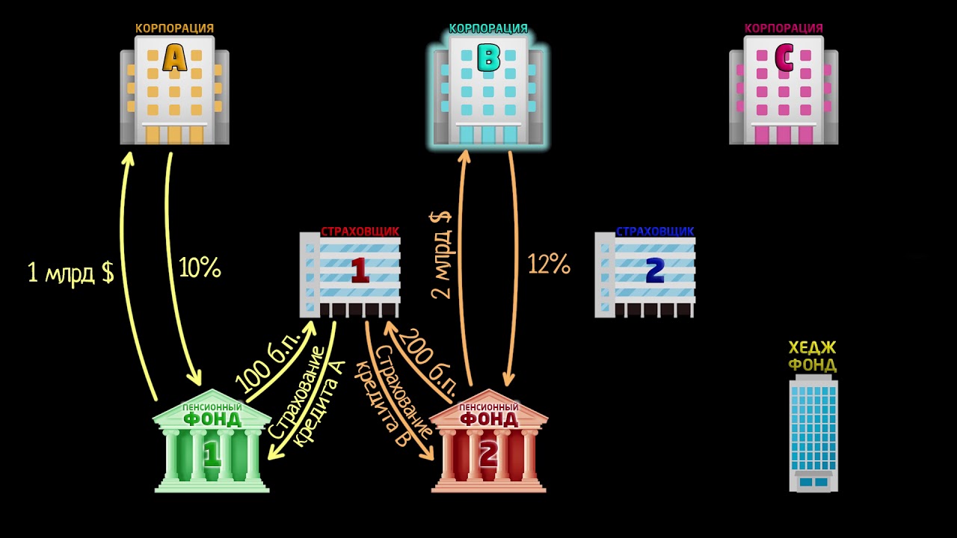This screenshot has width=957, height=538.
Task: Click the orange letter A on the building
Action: click(x=174, y=59)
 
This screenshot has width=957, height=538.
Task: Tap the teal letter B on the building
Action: click(x=488, y=58)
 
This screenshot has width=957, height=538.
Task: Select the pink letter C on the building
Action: click(x=784, y=59)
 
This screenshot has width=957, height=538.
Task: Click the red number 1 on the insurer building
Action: click(x=360, y=270)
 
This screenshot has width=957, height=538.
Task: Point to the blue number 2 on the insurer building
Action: click(x=655, y=270)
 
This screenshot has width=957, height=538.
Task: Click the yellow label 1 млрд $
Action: click(x=70, y=272)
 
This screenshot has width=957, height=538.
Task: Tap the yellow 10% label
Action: click(x=200, y=268)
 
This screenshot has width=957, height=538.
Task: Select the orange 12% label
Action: click(x=549, y=264)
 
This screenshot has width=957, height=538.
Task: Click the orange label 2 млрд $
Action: click(x=441, y=254)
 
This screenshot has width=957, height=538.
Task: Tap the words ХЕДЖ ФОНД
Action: click(x=813, y=356)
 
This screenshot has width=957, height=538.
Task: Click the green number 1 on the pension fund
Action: click(x=212, y=454)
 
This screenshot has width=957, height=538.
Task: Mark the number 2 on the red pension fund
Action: click(x=488, y=454)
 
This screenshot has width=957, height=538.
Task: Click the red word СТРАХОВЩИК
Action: click(x=360, y=232)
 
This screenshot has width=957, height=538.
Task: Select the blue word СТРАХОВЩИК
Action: click(x=655, y=232)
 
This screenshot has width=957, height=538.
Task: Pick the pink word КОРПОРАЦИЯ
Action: click(x=784, y=28)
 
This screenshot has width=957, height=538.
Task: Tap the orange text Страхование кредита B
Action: click(x=393, y=396)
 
